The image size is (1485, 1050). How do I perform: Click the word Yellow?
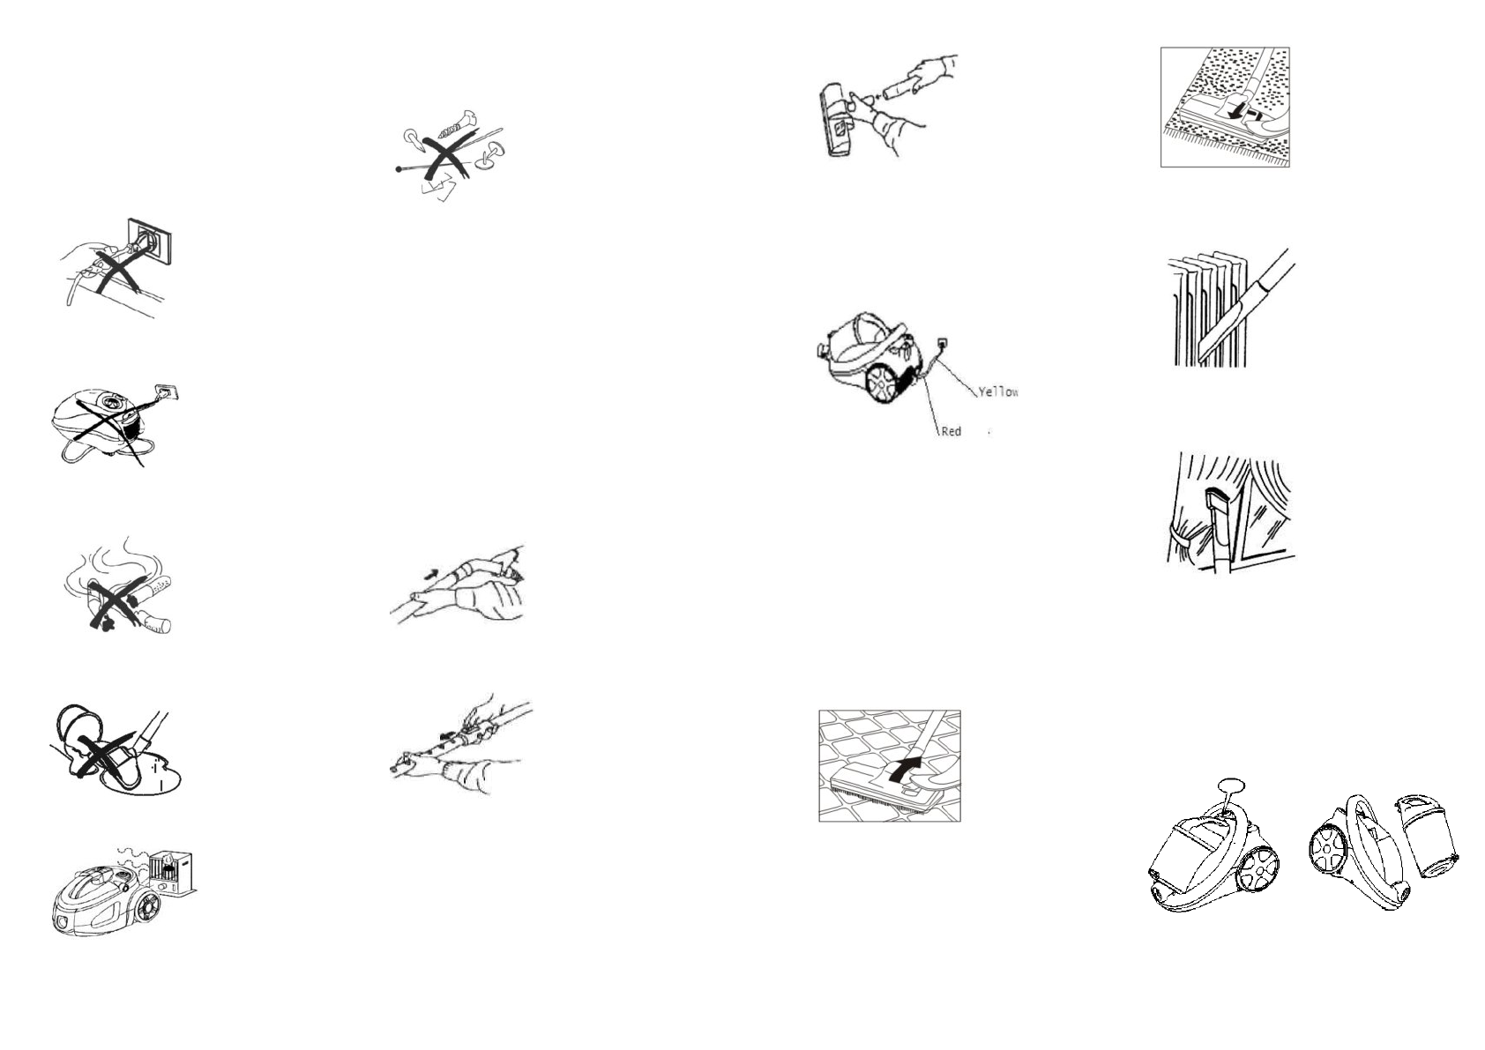tap(998, 391)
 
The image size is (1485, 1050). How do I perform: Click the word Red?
tap(951, 431)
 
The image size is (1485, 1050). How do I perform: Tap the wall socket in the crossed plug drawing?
tap(150, 238)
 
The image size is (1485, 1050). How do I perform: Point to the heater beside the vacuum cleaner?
tap(173, 874)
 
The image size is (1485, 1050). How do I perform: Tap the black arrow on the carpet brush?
tap(1242, 115)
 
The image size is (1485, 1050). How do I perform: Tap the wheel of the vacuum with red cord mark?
tap(882, 384)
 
